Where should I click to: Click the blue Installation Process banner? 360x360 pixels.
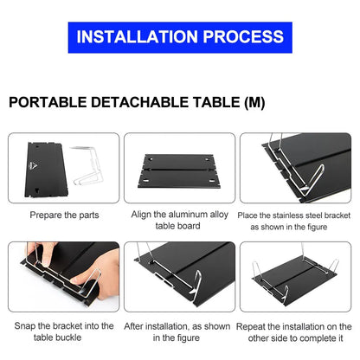pyautogui.click(x=179, y=36)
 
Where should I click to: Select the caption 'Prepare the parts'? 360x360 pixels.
pyautogui.click(x=64, y=214)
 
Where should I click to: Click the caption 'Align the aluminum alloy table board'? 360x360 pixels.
pyautogui.click(x=179, y=220)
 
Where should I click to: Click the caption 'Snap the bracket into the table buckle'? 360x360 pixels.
pyautogui.click(x=64, y=331)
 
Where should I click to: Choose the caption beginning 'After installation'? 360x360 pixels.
pyautogui.click(x=179, y=331)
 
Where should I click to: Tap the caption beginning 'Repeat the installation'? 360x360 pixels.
pyautogui.click(x=295, y=331)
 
